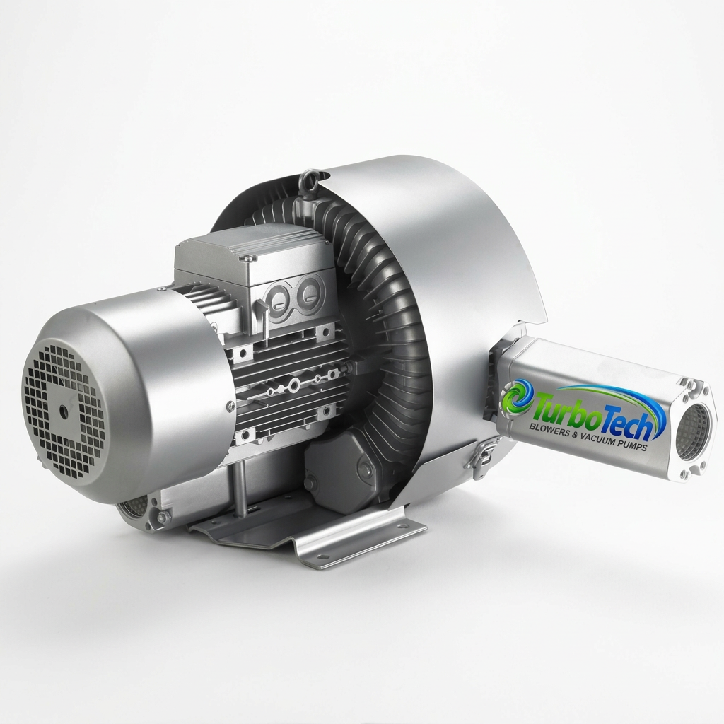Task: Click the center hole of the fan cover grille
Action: pyautogui.click(x=63, y=409)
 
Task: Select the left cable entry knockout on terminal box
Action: pyautogui.click(x=279, y=300)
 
